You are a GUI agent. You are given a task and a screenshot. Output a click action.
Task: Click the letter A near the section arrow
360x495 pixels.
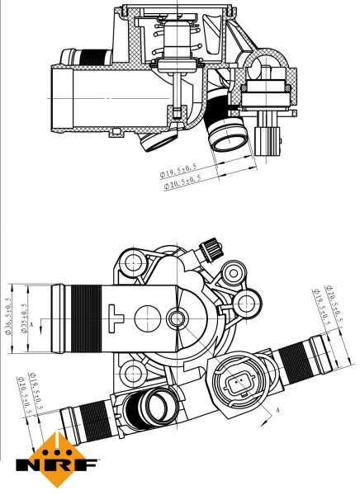(278, 410)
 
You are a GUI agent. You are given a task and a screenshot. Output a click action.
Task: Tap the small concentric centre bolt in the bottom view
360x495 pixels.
(177, 318)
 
